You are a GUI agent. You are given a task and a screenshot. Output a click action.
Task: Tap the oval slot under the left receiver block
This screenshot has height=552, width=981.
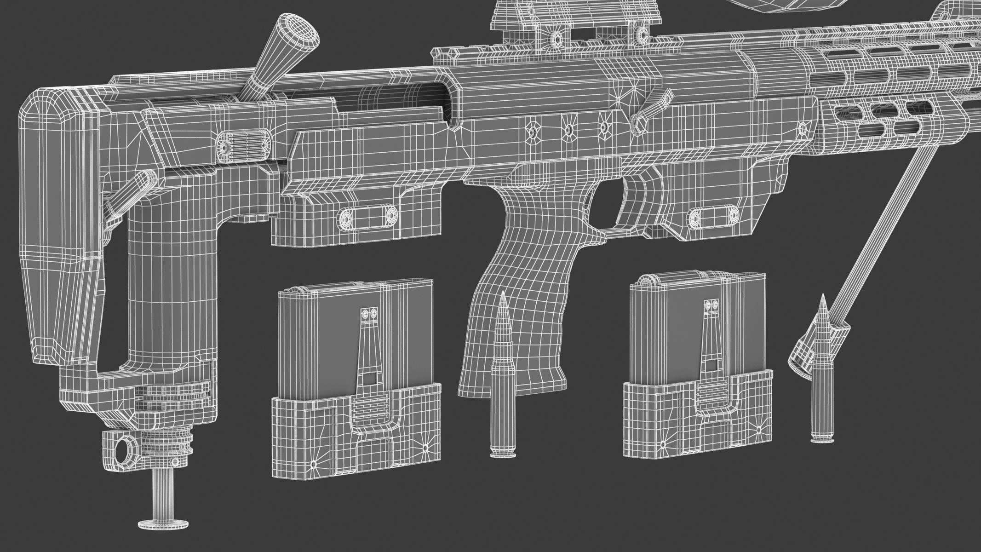pyautogui.click(x=368, y=215)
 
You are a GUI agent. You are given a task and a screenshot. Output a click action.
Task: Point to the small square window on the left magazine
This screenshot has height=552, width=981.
pyautogui.click(x=368, y=379)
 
